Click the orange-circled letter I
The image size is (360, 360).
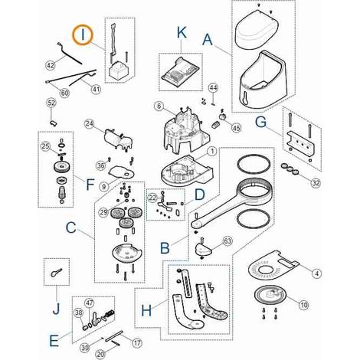point(83,35)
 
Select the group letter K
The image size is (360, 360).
point(182,33)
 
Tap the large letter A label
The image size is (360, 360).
point(208,40)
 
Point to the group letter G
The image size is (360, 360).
point(261,122)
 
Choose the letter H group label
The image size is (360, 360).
point(146,311)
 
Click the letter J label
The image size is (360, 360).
point(57,308)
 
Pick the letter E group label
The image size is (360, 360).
point(54,340)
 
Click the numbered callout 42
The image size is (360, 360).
point(51,65)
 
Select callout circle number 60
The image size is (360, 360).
point(64,93)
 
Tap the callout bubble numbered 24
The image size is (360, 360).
point(90,124)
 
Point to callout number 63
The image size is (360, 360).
point(227,241)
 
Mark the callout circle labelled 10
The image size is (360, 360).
point(303,305)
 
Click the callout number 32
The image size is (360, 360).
point(316,183)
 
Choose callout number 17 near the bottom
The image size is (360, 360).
point(137,342)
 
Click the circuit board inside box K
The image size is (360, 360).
point(180,70)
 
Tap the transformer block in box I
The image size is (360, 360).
point(117,69)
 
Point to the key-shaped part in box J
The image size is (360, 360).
point(56,272)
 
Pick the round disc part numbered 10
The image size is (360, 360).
point(270,296)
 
